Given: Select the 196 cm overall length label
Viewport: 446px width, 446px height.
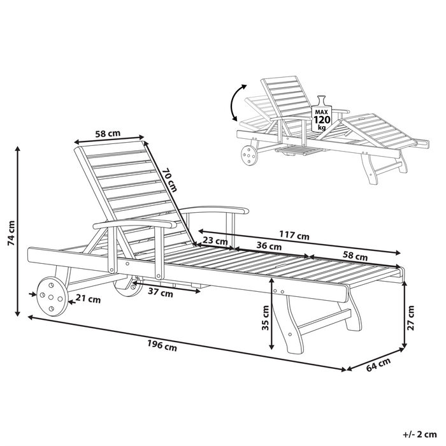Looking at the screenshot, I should (162, 347).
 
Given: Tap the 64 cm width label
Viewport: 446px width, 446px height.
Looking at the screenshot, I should (378, 364).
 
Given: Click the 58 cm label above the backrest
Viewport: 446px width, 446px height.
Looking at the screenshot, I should (108, 134).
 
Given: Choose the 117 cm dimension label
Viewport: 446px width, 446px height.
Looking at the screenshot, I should (294, 236).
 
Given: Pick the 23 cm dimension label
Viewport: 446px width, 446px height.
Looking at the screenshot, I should (216, 241).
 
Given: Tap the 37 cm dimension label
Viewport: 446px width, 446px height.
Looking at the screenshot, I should (161, 293).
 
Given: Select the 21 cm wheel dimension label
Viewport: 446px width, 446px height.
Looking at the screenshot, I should (89, 298).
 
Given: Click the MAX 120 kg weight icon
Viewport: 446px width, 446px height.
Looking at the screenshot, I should (321, 115).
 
